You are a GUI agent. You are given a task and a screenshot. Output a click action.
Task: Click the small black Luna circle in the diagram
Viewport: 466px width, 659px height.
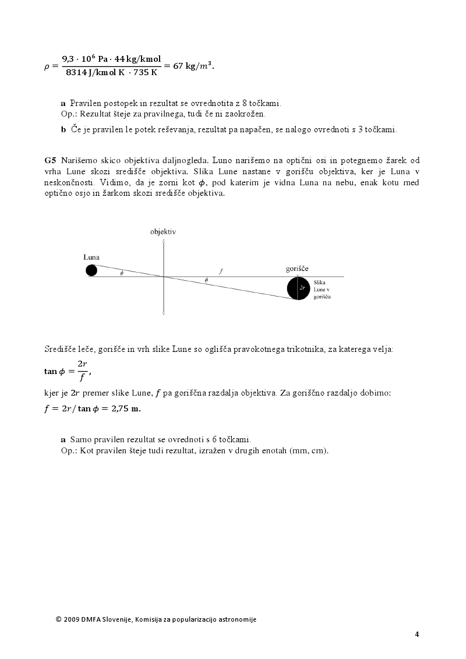[91, 270]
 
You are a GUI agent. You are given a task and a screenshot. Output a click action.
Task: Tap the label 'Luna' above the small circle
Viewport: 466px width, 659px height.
[91, 257]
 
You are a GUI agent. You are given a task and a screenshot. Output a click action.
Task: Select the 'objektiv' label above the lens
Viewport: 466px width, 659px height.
[163, 231]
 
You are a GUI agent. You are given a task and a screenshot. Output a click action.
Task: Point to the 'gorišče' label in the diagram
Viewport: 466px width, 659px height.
[297, 269]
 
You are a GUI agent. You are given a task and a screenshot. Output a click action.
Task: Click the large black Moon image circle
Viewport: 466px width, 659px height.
[298, 288]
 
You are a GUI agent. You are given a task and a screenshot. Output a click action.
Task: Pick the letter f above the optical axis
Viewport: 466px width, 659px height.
[221, 271]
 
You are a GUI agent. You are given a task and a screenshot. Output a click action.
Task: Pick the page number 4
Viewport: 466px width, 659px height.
[417, 634]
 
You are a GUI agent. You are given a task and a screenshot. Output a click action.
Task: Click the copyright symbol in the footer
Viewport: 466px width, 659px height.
[58, 619]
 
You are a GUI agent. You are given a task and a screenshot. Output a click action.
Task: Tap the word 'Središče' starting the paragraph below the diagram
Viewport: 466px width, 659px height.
[59, 349]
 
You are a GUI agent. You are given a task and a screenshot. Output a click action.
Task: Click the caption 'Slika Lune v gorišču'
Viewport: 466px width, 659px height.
[322, 290]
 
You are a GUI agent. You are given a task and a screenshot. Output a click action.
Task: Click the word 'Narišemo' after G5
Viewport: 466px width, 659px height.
[77, 160]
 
